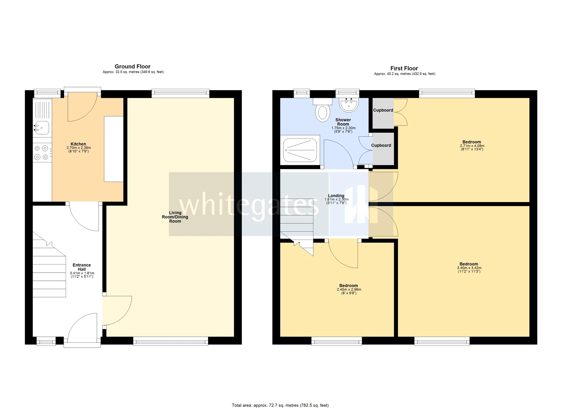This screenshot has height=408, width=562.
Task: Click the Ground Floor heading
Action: [x=132, y=66]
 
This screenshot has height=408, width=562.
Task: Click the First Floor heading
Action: [x=404, y=68]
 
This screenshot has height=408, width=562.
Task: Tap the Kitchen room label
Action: [x=78, y=144]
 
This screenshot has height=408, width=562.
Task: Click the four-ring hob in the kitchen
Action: [x=41, y=153]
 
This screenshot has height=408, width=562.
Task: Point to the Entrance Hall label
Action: [x=81, y=267]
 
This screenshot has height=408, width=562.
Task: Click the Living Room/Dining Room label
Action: [x=175, y=217]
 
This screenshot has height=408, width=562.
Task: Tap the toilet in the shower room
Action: [x=323, y=113]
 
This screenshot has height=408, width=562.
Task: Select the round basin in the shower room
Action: [x=348, y=105]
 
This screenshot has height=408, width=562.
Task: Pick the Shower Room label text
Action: [x=343, y=122]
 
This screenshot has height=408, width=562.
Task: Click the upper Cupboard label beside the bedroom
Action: [x=383, y=110]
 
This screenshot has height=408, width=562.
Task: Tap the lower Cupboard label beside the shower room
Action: [x=381, y=145]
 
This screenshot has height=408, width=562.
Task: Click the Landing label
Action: [x=336, y=196]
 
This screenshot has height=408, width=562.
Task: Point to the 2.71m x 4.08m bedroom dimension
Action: [x=472, y=146]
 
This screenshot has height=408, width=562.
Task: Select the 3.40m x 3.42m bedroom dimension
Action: [x=469, y=268]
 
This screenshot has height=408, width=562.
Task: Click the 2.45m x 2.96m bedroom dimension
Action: [x=348, y=289]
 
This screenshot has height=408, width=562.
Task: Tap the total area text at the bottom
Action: [x=280, y=405]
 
